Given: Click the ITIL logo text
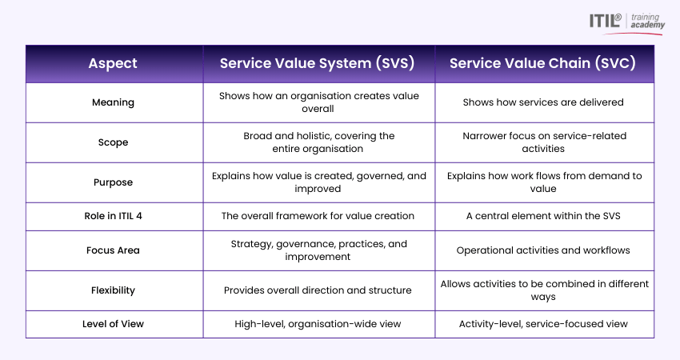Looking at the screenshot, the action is pos(605,20).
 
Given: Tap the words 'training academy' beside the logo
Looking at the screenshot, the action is pos(647,21).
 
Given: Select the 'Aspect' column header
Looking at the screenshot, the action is pos(113,63).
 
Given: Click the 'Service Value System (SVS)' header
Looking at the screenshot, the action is pos(317,63).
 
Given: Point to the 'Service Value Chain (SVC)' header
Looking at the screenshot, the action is pos(542,63).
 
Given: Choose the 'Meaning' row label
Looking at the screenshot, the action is pos(113,102).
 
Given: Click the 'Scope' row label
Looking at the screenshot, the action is pos(113,142).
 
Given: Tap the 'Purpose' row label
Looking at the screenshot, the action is pos(113,182).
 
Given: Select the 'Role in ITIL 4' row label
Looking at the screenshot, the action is pos(113,216).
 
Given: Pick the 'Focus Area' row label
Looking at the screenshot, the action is pos(113,250).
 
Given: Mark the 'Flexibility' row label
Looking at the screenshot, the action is pos(113,290).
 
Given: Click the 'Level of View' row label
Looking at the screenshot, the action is pos(113,324).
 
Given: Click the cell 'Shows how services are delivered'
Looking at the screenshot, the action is pos(543,102).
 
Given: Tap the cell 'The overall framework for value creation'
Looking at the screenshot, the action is pos(318,216).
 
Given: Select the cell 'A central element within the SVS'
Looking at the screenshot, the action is pos(543,216).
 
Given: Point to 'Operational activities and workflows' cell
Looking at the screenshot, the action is pos(543,250).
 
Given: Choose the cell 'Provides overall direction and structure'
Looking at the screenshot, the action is pos(318,290).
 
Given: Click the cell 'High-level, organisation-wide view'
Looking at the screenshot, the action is pos(318,324).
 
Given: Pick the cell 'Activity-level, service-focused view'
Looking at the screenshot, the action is pos(543,324).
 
